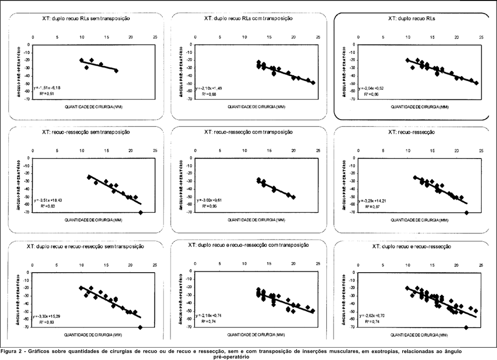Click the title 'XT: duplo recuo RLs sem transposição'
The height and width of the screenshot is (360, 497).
pyautogui.click(x=85, y=18)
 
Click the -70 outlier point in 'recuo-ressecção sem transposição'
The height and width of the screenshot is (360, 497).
pyautogui.click(x=141, y=212)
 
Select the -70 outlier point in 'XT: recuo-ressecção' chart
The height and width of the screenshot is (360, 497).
pyautogui.click(x=466, y=212)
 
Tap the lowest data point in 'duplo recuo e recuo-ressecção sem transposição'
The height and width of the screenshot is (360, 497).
pyautogui.click(x=140, y=327)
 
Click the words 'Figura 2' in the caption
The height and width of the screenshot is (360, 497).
pyautogui.click(x=13, y=352)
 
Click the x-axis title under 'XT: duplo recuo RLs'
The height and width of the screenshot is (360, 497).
pyautogui.click(x=412, y=107)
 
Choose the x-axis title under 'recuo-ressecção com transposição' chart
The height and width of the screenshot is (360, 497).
pyautogui.click(x=250, y=220)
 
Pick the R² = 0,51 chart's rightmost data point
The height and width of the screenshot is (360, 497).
pyautogui.click(x=116, y=71)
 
